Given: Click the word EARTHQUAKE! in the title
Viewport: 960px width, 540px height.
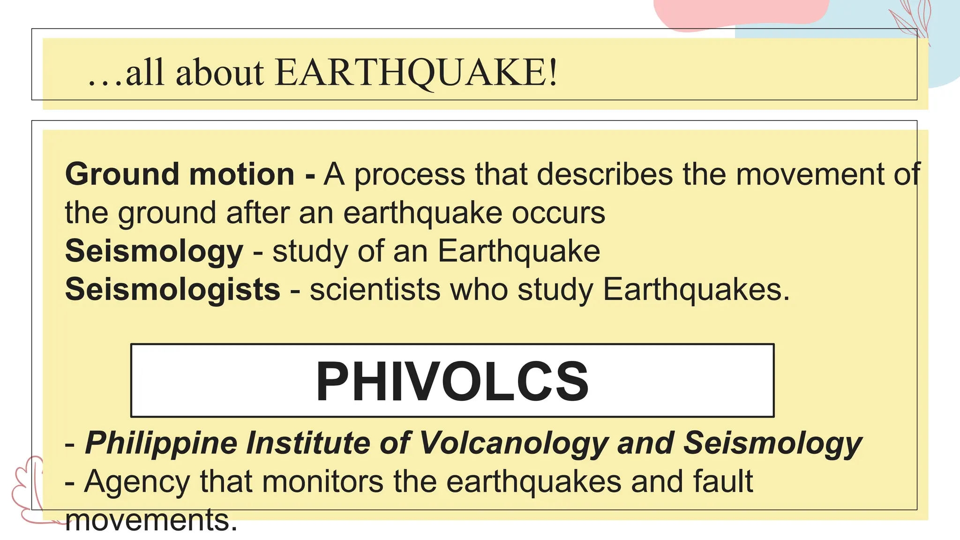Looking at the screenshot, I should (x=416, y=73).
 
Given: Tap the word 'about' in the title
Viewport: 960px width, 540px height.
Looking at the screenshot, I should (x=220, y=73).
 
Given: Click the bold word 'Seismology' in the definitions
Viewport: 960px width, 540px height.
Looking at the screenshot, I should (x=154, y=251).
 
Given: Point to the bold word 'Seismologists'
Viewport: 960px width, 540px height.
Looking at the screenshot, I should (x=172, y=289).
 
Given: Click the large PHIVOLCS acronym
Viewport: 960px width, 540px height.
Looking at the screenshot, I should (x=452, y=381).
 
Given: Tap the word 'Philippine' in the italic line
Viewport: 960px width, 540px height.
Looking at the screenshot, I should (x=161, y=443).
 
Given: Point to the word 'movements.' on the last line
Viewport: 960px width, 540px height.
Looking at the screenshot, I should (x=151, y=520).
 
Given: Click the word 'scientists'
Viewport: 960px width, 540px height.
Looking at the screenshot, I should (x=375, y=289).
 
